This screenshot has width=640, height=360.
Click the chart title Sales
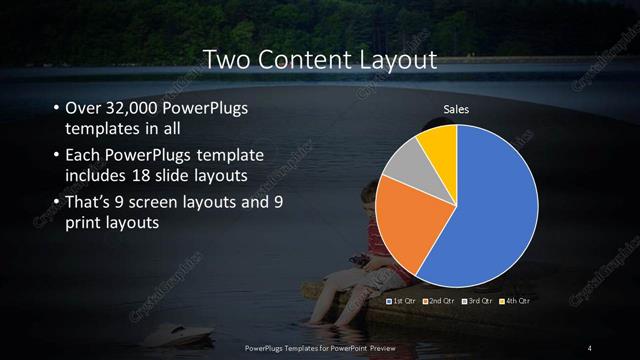pyautogui.click(x=457, y=109)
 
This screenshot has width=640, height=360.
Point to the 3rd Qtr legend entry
pyautogui.click(x=478, y=300)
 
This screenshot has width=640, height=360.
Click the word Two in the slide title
pyautogui.click(x=227, y=61)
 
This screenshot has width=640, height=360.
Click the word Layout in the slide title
pyautogui.click(x=394, y=61)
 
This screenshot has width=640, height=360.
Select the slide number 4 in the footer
pyautogui.click(x=590, y=347)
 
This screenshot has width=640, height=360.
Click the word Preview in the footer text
pyautogui.click(x=379, y=347)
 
